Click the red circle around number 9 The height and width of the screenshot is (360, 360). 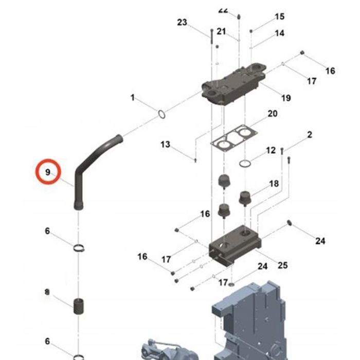point(48,172)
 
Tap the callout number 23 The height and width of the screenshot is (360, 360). point(182,22)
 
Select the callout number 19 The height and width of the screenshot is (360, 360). point(286,98)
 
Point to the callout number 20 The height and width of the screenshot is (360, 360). point(272,113)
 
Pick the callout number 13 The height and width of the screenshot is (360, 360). point(165,145)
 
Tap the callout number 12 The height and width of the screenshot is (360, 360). point(271,150)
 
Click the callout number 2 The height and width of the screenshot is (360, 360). point(310,135)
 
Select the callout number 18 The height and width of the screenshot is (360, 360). point(274,184)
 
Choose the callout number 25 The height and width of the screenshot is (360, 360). point(282,265)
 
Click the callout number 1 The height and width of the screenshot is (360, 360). point(132,97)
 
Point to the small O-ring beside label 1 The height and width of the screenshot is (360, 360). point(161,114)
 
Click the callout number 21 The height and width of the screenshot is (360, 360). point(221,32)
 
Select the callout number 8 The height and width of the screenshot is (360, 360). point(47,292)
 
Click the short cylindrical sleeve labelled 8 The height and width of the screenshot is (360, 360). point(79,306)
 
